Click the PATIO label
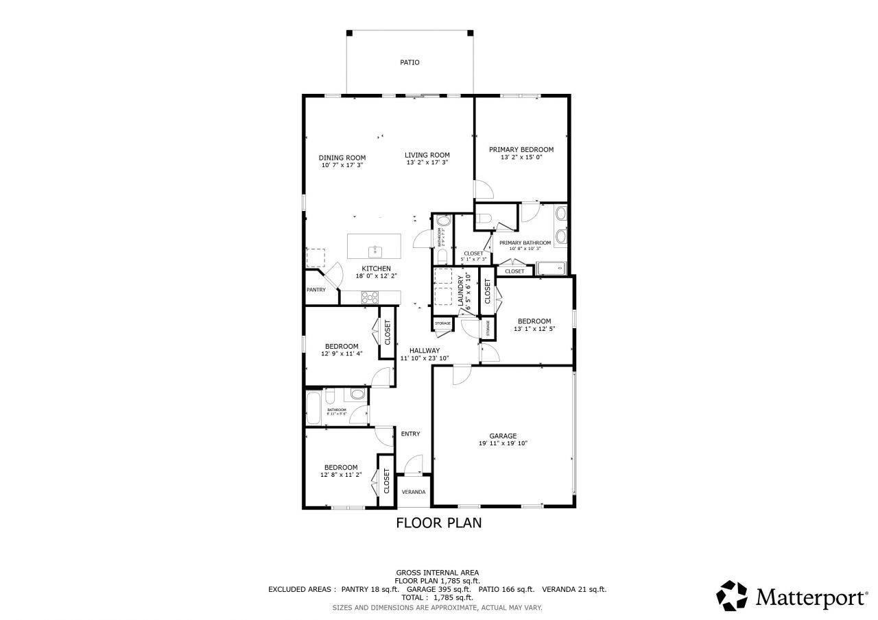click(x=410, y=62)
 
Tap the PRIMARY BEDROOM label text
click(x=521, y=149)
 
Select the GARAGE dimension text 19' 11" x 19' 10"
click(x=503, y=444)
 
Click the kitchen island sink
click(x=375, y=250)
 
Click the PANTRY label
click(x=316, y=290)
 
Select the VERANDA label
click(x=413, y=492)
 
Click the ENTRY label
click(x=410, y=434)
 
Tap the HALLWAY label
click(x=425, y=350)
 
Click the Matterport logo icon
click(x=732, y=595)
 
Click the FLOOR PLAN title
click(x=439, y=523)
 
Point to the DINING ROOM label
click(x=342, y=158)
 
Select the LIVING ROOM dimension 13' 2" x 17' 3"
click(x=427, y=162)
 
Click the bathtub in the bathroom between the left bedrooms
click(x=313, y=408)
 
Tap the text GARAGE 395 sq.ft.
click(x=438, y=589)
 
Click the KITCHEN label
click(x=377, y=269)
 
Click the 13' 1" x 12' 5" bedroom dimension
click(x=534, y=329)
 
